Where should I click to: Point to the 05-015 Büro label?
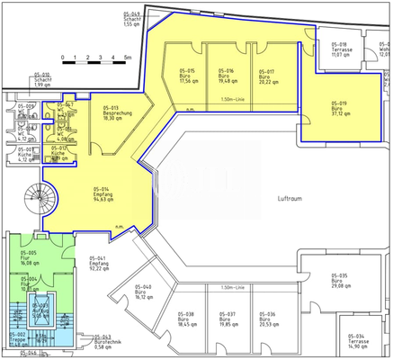click(x=187, y=76)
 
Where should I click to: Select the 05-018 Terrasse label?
click(x=339, y=51)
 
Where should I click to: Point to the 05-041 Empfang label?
click(x=100, y=262)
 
